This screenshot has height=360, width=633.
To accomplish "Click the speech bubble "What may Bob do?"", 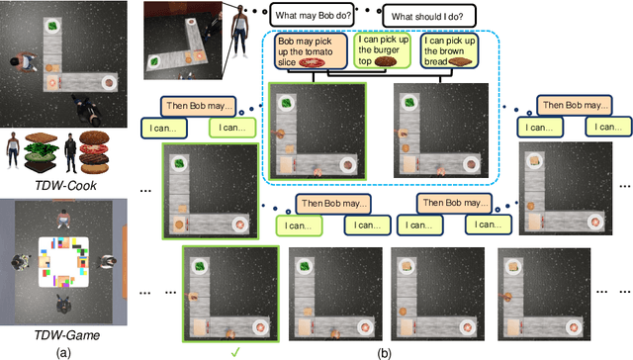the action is click(313, 16).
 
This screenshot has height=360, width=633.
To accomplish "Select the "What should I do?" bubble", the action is click(428, 16).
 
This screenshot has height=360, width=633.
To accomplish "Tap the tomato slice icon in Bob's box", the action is click(312, 62).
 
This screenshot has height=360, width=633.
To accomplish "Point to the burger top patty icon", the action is click(386, 61).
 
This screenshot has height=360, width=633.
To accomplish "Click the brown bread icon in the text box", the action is click(460, 61).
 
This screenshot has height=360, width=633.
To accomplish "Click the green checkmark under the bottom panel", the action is click(235, 353).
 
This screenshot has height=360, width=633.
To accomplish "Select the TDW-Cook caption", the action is click(66, 185).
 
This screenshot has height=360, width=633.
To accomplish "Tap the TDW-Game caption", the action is click(66, 335).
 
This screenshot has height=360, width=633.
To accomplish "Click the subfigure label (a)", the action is click(63, 353).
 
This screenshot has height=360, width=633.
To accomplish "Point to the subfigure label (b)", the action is click(384, 353).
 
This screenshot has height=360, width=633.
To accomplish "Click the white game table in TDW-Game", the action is click(63, 262).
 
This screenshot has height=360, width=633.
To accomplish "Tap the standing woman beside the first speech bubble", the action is click(239, 32).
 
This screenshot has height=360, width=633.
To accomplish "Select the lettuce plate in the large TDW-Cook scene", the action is click(52, 27).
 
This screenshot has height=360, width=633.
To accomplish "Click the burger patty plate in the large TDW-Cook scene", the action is click(108, 83).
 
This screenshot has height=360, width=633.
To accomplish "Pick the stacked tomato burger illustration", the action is click(95, 152).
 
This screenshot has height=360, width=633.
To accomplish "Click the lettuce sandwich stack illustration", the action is click(42, 152).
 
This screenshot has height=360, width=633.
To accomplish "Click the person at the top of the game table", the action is click(63, 219).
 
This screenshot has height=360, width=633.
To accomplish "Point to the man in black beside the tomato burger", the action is click(71, 153).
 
